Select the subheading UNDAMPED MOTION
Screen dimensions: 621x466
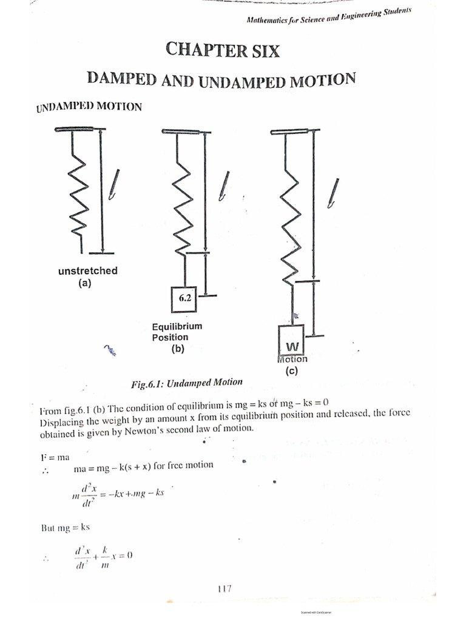pyautogui.click(x=89, y=107)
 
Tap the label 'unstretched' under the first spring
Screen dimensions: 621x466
pyautogui.click(x=87, y=271)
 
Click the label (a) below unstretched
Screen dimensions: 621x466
pyautogui.click(x=84, y=283)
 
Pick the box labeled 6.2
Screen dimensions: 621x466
pyautogui.click(x=185, y=298)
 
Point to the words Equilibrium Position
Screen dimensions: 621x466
pyautogui.click(x=177, y=331)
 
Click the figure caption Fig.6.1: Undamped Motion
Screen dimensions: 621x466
pyautogui.click(x=186, y=383)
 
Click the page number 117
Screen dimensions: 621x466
pyautogui.click(x=223, y=588)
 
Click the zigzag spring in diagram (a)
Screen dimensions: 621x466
pyautogui.click(x=77, y=200)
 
